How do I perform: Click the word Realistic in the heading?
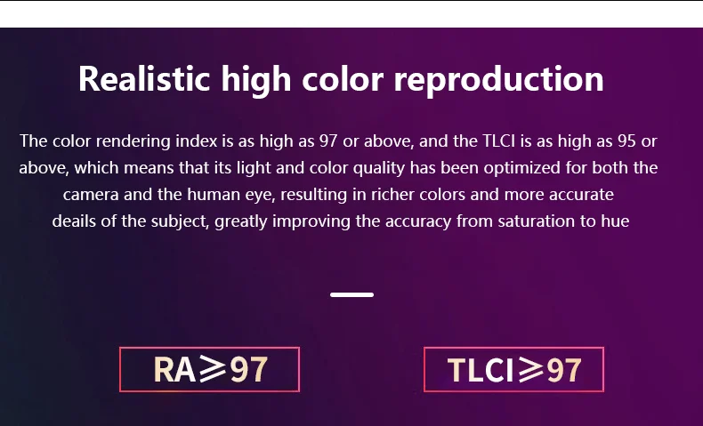click(144, 79)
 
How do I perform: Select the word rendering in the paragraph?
click(133, 141)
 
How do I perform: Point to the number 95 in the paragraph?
click(626, 141)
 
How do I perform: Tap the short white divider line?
click(352, 294)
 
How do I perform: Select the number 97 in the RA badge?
click(249, 370)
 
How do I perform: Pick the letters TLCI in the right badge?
click(481, 370)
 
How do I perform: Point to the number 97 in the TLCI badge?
click(563, 370)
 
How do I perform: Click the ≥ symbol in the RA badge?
click(213, 369)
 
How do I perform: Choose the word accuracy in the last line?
click(418, 221)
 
